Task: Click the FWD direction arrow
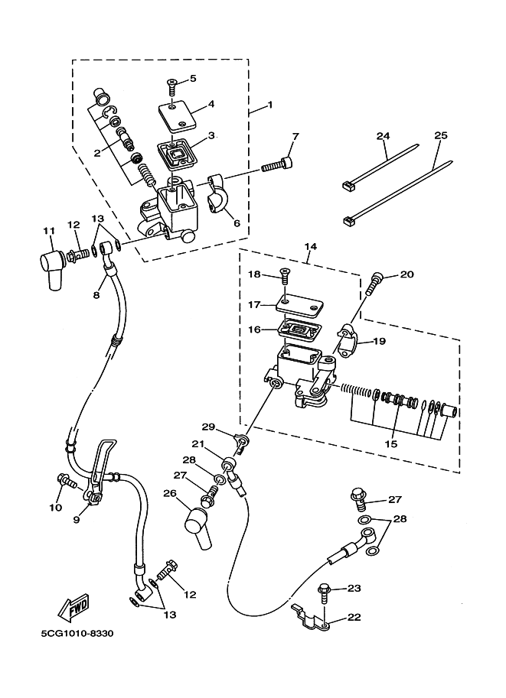point(74,607)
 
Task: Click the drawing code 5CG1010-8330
point(77,634)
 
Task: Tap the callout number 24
point(383,136)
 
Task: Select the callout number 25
point(440,135)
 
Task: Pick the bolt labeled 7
point(277,164)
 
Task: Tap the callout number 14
point(311,246)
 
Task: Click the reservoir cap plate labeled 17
point(299,305)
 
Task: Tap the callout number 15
point(391,444)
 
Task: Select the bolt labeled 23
point(324,594)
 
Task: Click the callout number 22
point(354,618)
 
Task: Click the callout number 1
point(269,105)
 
